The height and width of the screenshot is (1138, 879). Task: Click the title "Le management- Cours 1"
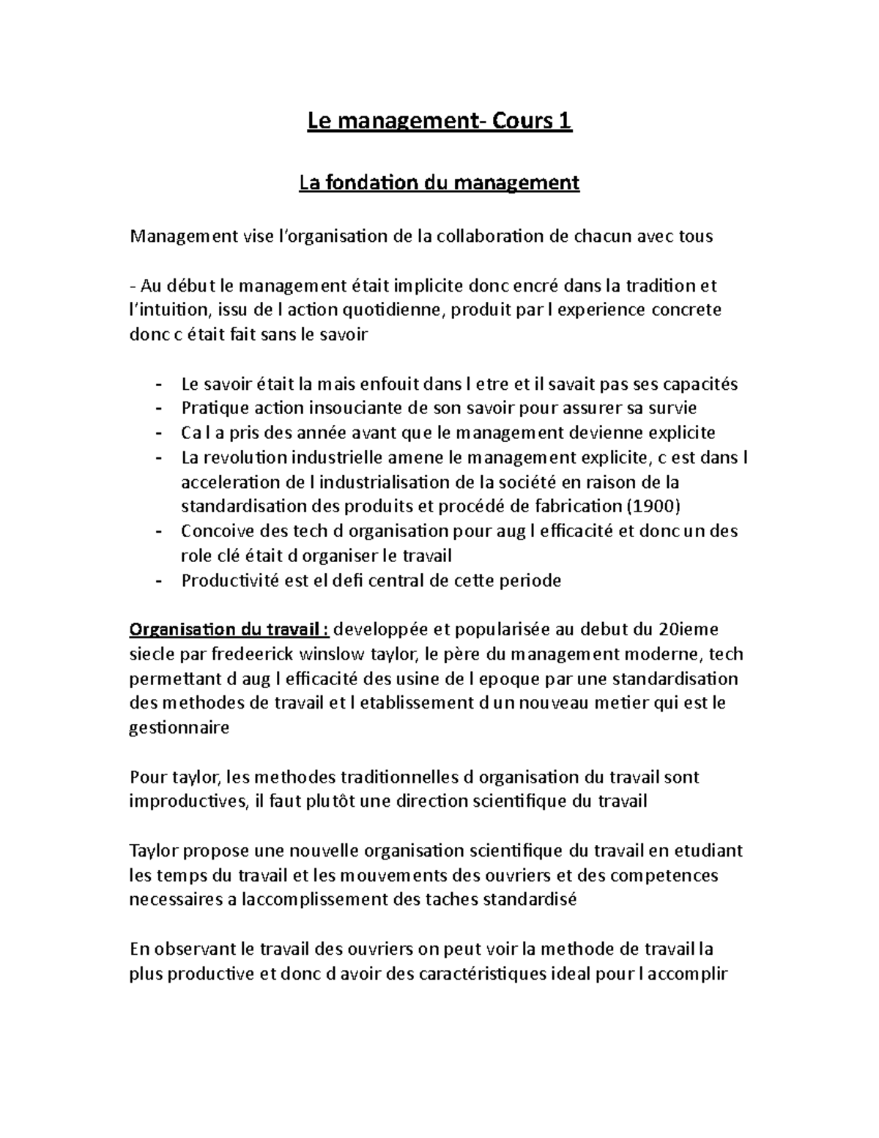point(439,121)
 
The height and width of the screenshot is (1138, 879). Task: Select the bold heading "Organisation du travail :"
point(230,629)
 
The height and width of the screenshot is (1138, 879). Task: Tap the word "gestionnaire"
point(179,728)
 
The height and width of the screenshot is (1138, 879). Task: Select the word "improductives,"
point(188,801)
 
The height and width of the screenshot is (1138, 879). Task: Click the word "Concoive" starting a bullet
point(213,531)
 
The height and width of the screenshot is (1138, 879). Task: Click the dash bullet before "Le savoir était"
point(159,384)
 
